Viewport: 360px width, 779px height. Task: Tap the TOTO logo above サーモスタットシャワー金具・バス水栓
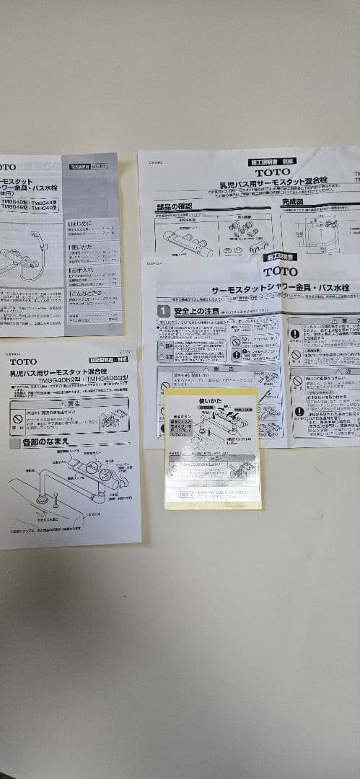[x=281, y=271]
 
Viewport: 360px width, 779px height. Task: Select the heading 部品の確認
[x=177, y=207]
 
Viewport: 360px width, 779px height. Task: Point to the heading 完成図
[x=298, y=203]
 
